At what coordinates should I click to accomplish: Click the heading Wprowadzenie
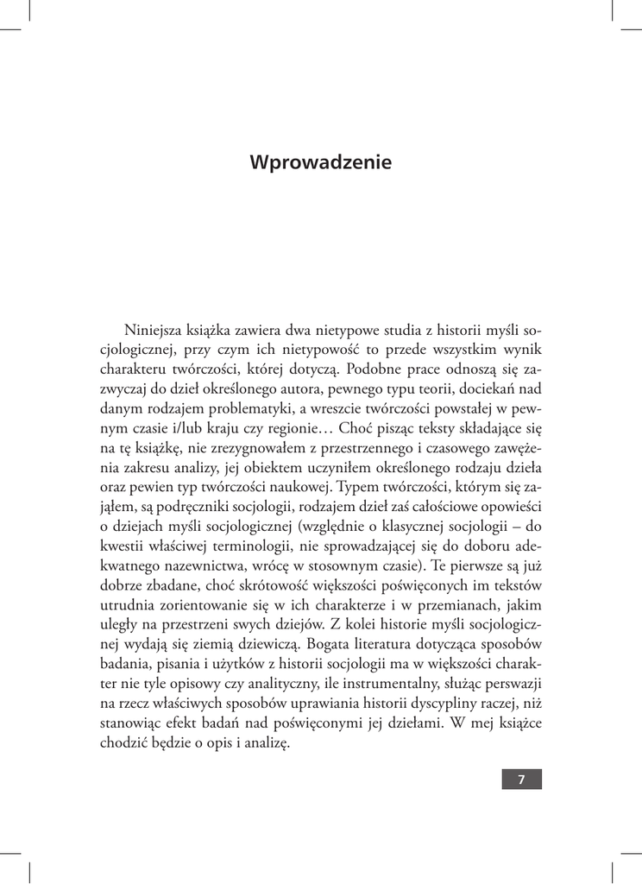[x=320, y=162]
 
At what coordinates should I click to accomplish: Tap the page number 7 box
[x=521, y=780]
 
